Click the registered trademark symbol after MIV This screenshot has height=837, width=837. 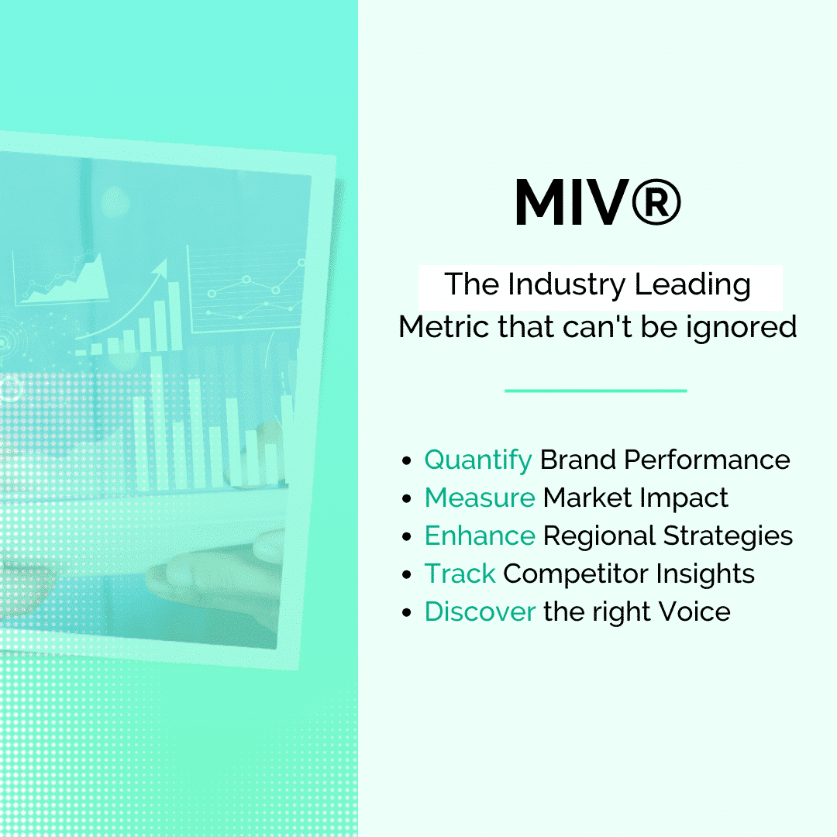(x=656, y=201)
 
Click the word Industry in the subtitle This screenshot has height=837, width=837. (x=567, y=285)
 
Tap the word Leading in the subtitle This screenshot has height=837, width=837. (x=692, y=285)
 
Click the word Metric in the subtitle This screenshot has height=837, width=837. (x=444, y=327)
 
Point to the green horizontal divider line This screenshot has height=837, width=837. (x=596, y=391)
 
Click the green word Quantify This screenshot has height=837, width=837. (x=477, y=460)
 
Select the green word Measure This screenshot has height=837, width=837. (x=480, y=498)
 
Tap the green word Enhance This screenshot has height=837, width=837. (x=480, y=536)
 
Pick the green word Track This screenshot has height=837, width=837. (x=460, y=573)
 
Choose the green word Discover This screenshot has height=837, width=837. (x=480, y=611)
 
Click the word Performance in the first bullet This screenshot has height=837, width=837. (x=708, y=460)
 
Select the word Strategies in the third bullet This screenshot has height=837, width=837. (x=728, y=536)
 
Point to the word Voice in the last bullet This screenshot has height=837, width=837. (x=694, y=611)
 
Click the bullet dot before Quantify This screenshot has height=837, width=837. (x=407, y=460)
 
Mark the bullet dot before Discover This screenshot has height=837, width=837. (x=407, y=612)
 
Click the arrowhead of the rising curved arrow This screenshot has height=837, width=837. (x=160, y=267)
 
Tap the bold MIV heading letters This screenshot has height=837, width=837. (x=572, y=202)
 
